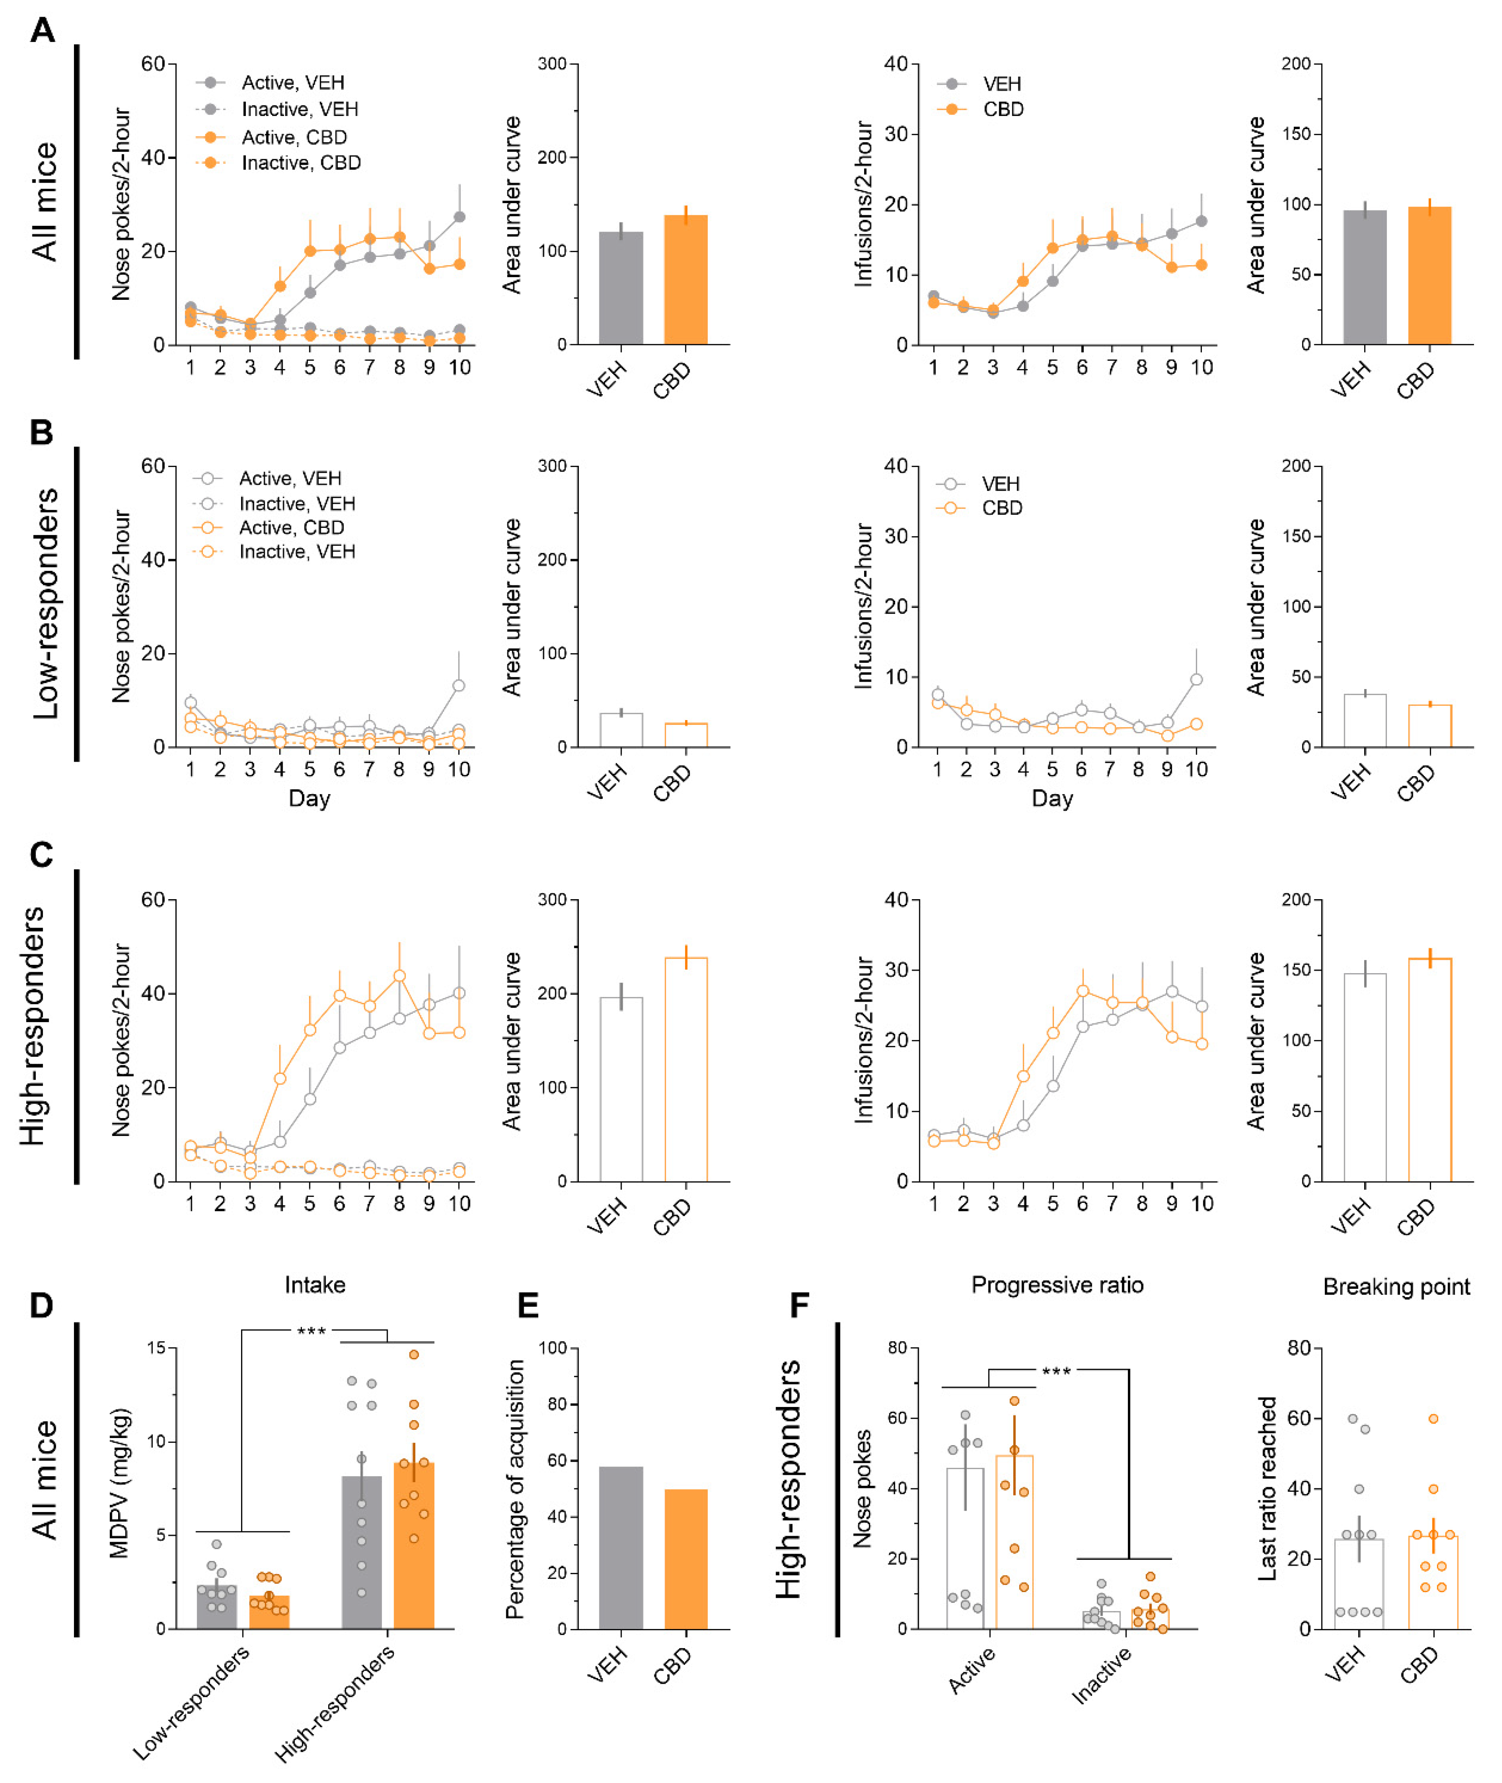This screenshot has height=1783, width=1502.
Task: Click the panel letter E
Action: (x=528, y=1305)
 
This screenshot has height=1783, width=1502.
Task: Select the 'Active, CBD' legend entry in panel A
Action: (x=294, y=137)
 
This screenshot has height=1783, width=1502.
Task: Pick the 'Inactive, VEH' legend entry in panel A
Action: (x=300, y=109)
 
